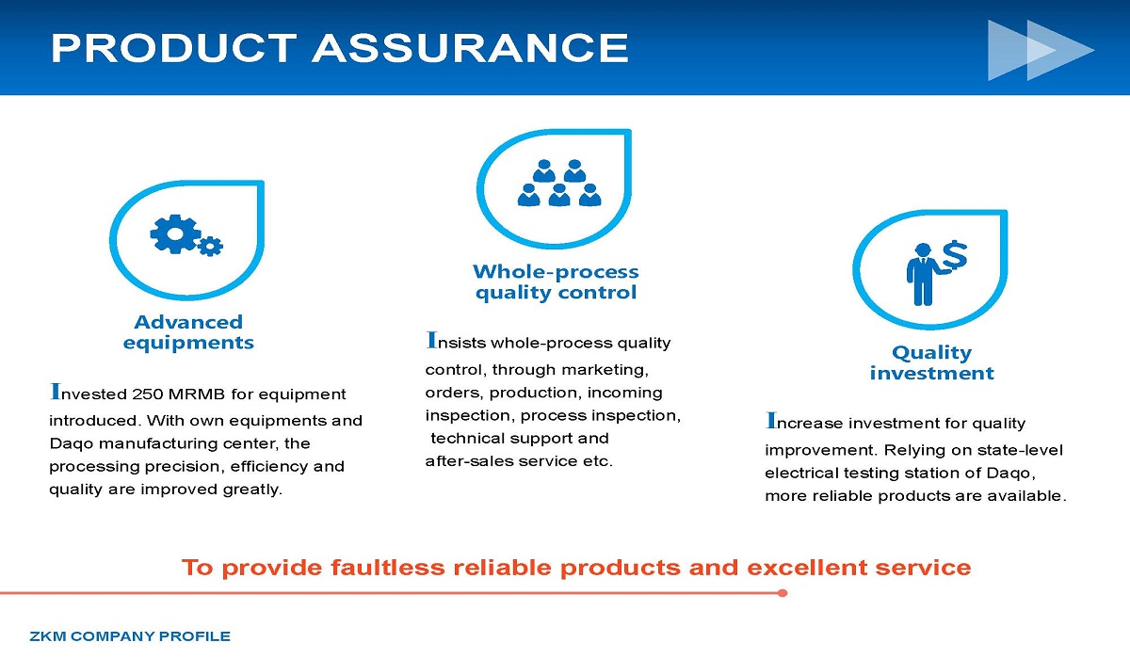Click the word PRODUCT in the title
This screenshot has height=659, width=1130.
pyautogui.click(x=173, y=48)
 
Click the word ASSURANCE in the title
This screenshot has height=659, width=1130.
pyautogui.click(x=470, y=48)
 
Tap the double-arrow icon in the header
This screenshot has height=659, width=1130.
pyautogui.click(x=1041, y=50)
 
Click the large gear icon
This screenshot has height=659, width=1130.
pyautogui.click(x=174, y=234)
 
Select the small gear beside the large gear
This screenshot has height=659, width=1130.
pyautogui.click(x=210, y=246)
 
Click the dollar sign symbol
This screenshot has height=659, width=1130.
pyautogui.click(x=955, y=254)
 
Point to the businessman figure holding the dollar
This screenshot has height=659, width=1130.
pyautogui.click(x=924, y=274)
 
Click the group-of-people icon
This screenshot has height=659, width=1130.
pyautogui.click(x=559, y=183)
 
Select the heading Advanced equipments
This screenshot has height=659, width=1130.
pyautogui.click(x=188, y=332)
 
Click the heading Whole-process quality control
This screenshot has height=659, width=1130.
pyautogui.click(x=556, y=282)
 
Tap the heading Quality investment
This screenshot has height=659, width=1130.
pyautogui.click(x=931, y=363)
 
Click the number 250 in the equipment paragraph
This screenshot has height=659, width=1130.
pyautogui.click(x=147, y=394)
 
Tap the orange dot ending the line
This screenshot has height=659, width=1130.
pyautogui.click(x=783, y=593)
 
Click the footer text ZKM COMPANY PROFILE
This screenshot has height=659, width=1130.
pyautogui.click(x=130, y=636)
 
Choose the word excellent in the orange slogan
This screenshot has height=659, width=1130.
pyautogui.click(x=807, y=568)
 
